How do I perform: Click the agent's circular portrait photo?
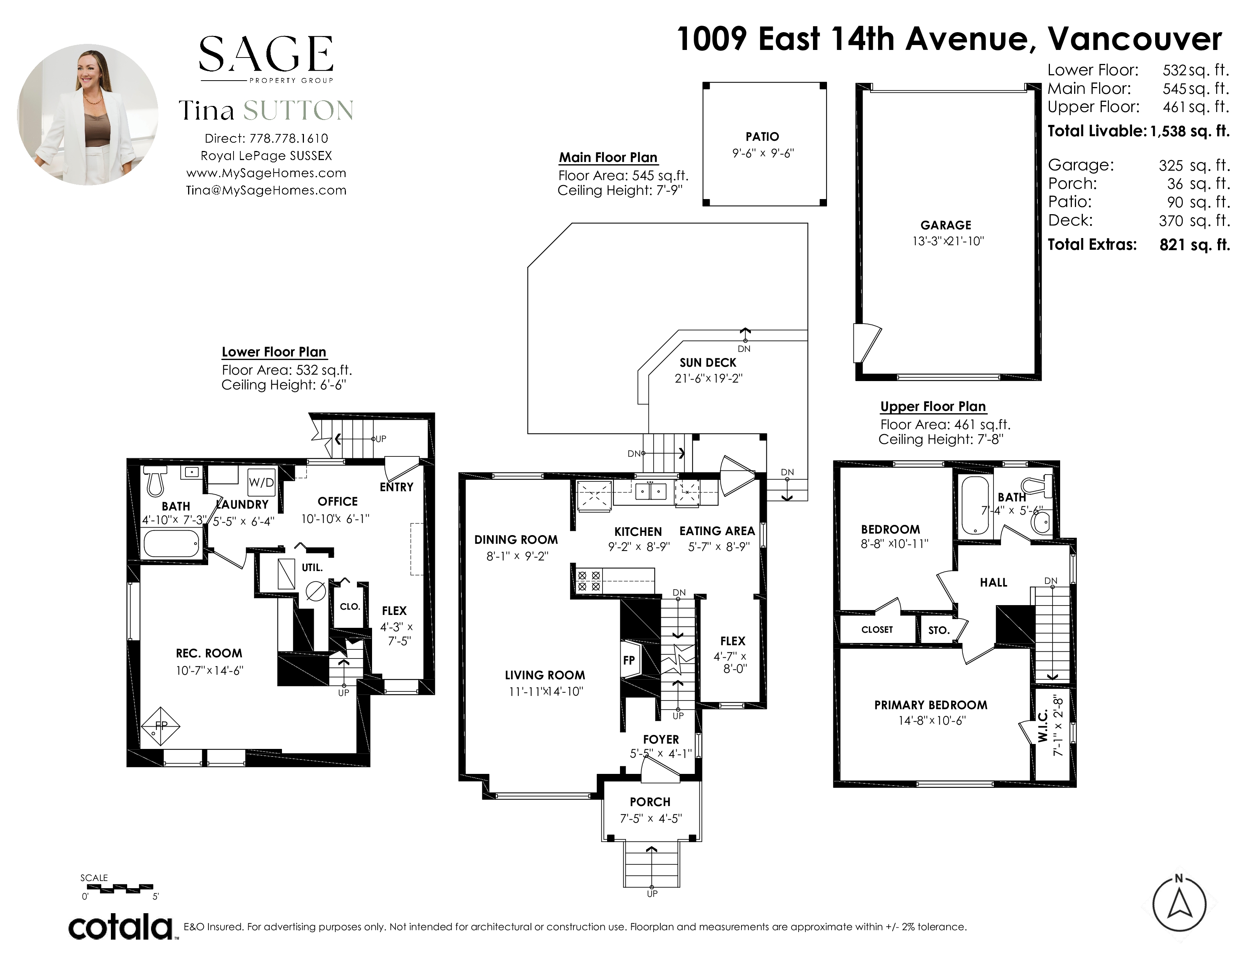[87, 114]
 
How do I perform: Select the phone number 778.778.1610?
[289, 139]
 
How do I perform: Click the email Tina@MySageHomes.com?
[266, 190]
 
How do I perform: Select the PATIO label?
[762, 137]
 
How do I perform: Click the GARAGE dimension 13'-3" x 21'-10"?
[948, 241]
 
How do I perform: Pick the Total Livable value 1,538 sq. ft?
[1190, 131]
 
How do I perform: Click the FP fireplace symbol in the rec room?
[161, 726]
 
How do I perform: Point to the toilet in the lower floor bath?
[155, 480]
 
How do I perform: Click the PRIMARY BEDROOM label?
[930, 705]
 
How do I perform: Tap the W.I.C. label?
[1042, 726]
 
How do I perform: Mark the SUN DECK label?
[708, 363]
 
